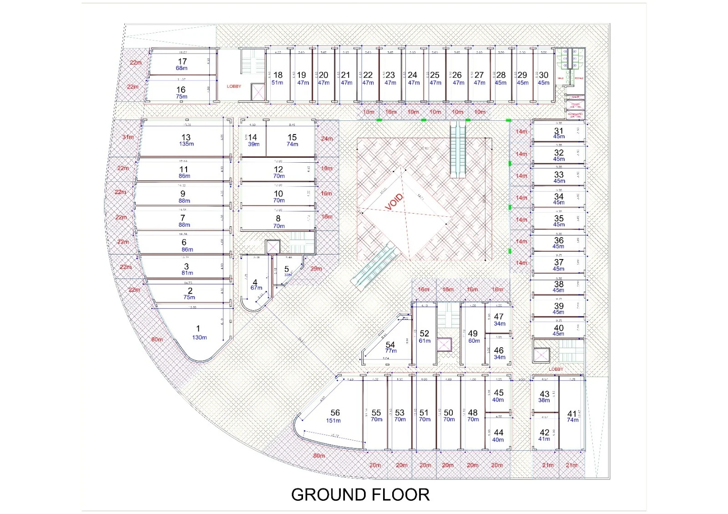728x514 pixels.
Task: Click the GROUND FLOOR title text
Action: pos(360,494)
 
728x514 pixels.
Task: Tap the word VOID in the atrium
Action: pos(394,202)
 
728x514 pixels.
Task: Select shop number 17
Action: pos(182,61)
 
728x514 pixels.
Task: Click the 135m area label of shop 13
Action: pos(187,144)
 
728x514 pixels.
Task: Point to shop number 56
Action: pos(335,413)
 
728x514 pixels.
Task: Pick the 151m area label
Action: pos(334,420)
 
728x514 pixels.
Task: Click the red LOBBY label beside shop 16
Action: pos(234,86)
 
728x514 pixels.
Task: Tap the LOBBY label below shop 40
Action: pos(556,369)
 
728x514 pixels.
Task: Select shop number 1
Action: pos(198,328)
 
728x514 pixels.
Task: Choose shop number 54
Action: pos(390,344)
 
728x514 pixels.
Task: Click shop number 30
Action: pos(544,75)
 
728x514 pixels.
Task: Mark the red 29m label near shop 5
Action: pos(316,269)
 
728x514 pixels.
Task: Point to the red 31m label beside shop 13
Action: pos(128,137)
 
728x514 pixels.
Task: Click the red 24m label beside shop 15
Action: pos(327,139)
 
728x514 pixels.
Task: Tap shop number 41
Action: pos(572,414)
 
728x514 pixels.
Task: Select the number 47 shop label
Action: pos(499,316)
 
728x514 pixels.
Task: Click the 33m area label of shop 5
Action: pos(288,274)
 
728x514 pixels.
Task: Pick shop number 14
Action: pos(253,137)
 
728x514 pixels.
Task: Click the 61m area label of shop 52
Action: pos(425,341)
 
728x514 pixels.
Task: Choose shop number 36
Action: pos(559,240)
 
